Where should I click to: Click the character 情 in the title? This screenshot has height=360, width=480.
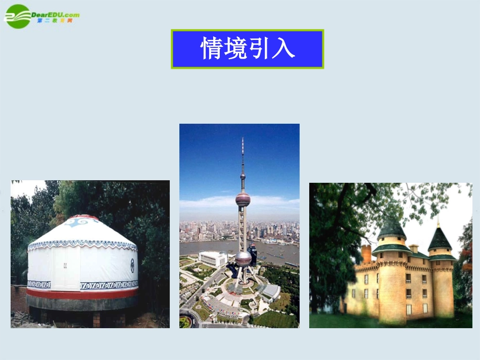pyautogui.click(x=212, y=49)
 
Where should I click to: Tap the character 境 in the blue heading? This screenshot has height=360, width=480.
pyautogui.click(x=235, y=49)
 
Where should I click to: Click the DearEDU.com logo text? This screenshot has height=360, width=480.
pyautogui.click(x=55, y=15)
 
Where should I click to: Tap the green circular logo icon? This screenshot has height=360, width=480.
pyautogui.click(x=18, y=16)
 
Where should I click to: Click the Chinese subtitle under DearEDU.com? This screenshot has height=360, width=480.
pyautogui.click(x=55, y=21)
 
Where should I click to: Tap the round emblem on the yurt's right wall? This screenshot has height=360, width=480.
pyautogui.click(x=132, y=264)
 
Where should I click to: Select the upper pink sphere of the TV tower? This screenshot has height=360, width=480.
pyautogui.click(x=243, y=198)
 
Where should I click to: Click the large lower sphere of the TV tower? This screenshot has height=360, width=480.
pyautogui.click(x=243, y=259)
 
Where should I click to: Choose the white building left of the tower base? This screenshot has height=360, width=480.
pyautogui.click(x=213, y=259)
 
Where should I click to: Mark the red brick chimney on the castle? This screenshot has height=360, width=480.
pyautogui.click(x=366, y=253)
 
